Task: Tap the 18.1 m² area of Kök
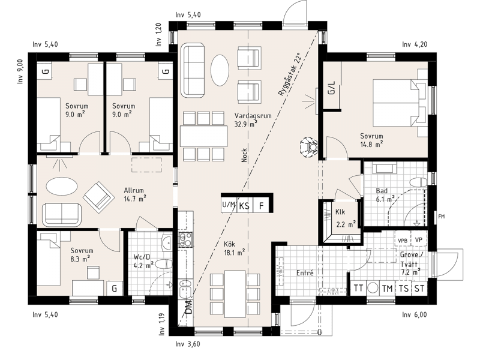(x=234, y=253)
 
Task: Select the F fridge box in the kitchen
(x=261, y=206)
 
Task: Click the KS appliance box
(x=244, y=206)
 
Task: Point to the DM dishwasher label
(x=189, y=307)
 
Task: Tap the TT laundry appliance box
(x=358, y=288)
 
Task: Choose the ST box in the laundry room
(x=419, y=288)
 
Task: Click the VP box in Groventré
(x=418, y=239)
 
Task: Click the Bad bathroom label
(x=382, y=191)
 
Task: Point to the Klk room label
(x=340, y=212)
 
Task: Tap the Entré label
(x=305, y=273)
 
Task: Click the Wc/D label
(x=142, y=257)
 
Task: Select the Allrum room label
(x=134, y=190)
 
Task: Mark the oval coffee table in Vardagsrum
(x=220, y=70)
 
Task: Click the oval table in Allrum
(x=62, y=185)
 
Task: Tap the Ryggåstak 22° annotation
(x=290, y=75)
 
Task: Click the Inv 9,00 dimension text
(x=20, y=71)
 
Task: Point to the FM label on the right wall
(x=441, y=217)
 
